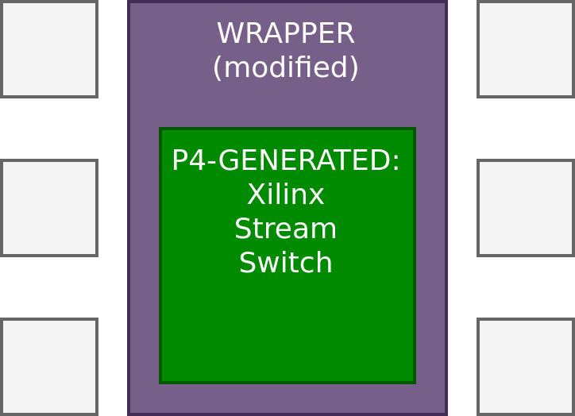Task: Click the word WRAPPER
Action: tap(285, 33)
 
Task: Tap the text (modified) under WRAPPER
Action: tap(285, 67)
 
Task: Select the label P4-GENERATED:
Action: tap(285, 160)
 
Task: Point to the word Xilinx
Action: tap(285, 195)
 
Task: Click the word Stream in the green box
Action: tap(285, 229)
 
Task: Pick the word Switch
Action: tap(285, 263)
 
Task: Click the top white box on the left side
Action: tap(49, 49)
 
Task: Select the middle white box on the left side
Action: tap(49, 208)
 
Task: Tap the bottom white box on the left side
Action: tap(49, 366)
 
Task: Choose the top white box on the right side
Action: tap(525, 49)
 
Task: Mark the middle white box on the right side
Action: tap(525, 208)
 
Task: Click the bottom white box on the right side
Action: tap(525, 366)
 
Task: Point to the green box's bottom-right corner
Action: tap(414, 382)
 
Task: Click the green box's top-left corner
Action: tap(161, 129)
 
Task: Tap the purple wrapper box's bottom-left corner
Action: tap(129, 413)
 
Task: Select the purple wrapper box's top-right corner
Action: tap(446, 2)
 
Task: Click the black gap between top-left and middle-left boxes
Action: tap(49, 129)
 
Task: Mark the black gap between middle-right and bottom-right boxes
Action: tap(525, 287)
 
